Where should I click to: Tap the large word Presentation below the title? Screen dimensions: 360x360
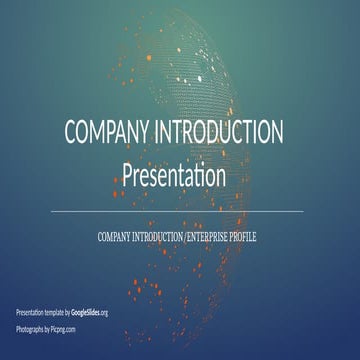[180, 177]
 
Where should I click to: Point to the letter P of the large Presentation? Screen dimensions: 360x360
[127, 177]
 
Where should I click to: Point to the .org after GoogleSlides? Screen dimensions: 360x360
[104, 313]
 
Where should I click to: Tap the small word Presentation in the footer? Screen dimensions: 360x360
[28, 313]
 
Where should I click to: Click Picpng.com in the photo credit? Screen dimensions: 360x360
[63, 328]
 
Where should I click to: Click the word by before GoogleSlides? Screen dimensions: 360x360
[67, 313]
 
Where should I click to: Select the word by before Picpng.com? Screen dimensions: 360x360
[46, 328]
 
